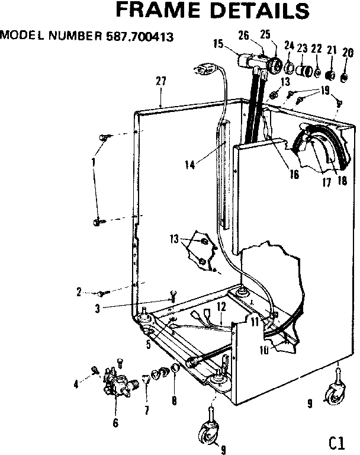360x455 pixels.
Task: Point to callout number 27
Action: pyautogui.click(x=160, y=82)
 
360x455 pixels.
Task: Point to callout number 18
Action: pyautogui.click(x=342, y=181)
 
